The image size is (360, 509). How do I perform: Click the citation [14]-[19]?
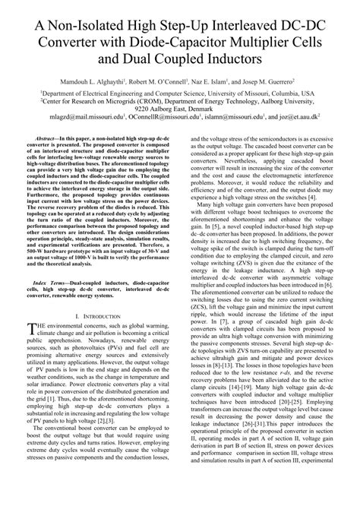[229, 407]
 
